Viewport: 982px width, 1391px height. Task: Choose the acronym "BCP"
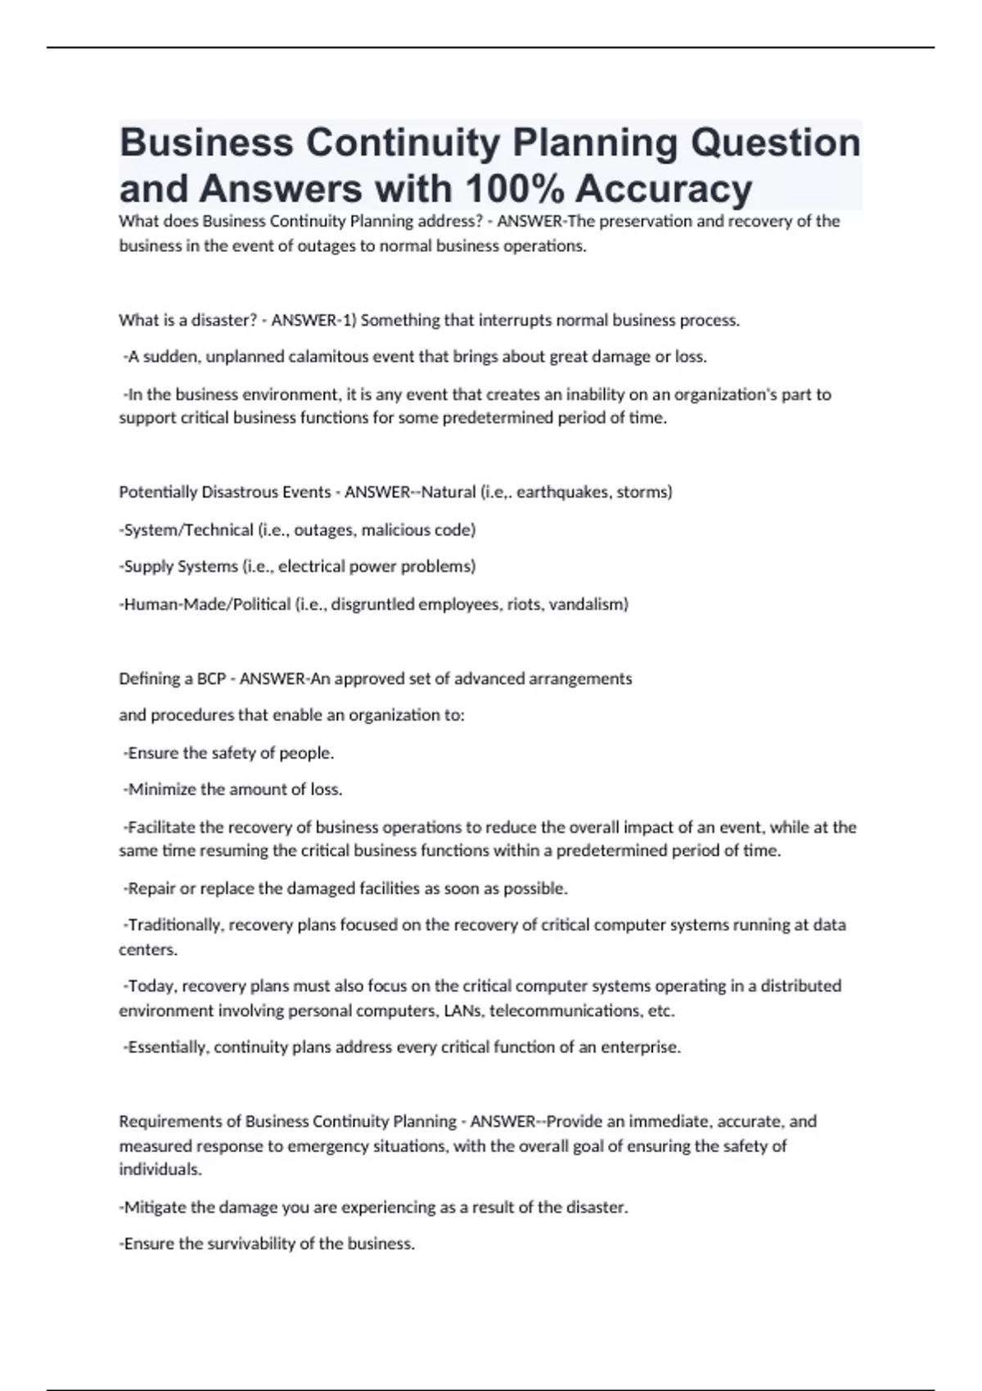coord(212,678)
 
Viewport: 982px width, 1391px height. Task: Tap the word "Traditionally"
coord(174,925)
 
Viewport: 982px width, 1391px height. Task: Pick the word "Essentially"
coord(167,1047)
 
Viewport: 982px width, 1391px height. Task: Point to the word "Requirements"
coord(180,1121)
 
